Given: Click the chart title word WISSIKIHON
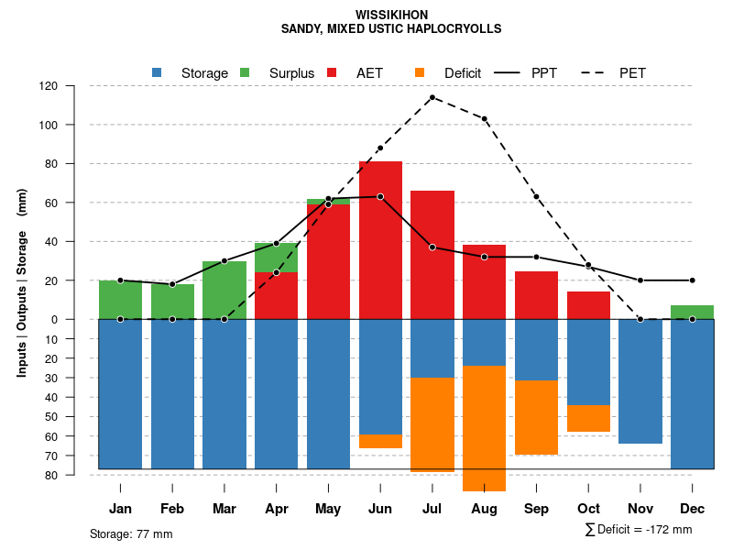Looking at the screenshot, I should pos(391,16).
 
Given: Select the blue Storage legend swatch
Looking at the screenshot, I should pos(157,72).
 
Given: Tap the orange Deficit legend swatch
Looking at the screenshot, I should pos(420,72).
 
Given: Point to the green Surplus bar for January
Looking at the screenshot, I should pos(120,300).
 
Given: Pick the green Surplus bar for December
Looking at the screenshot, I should pos(692,313).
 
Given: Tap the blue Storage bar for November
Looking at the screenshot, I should pos(640,381).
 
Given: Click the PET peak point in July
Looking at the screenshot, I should pos(432,97).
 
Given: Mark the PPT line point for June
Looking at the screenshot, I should pos(380,196).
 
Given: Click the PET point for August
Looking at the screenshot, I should pos(485,118).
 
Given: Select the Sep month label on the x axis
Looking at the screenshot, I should pos(536,509).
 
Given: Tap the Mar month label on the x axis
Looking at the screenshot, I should pos(224,509).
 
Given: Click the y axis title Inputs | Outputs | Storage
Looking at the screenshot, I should pos(22,283).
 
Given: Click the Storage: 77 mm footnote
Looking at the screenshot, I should pos(131,533).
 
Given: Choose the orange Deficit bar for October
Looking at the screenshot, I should pos(588,418).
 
